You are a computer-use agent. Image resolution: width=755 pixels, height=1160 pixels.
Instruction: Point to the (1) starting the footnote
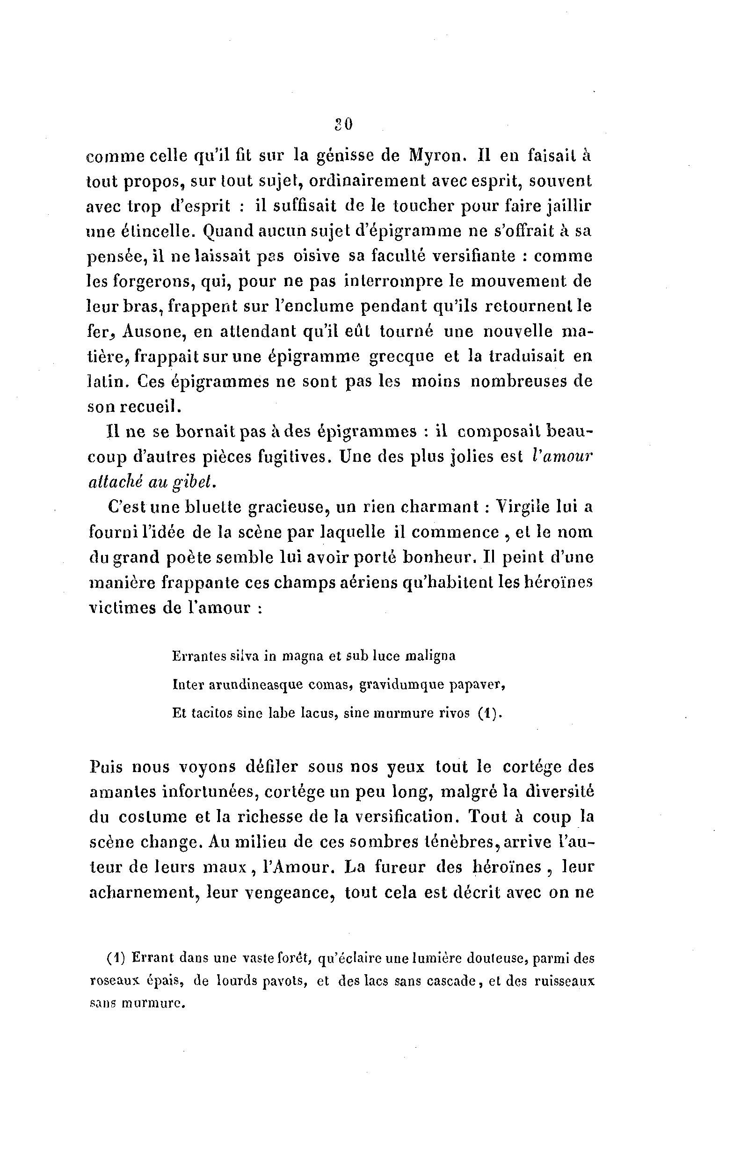click(x=116, y=958)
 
